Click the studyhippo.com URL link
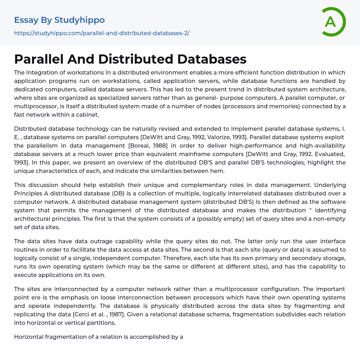pyautogui.click(x=102, y=33)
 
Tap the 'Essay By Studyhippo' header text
pyautogui.click(x=59, y=20)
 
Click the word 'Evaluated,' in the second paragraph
pyautogui.click(x=331, y=154)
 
